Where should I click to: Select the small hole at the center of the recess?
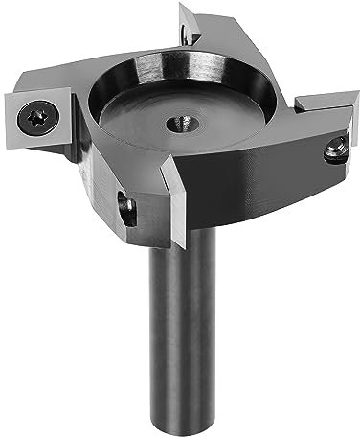point(179,124)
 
